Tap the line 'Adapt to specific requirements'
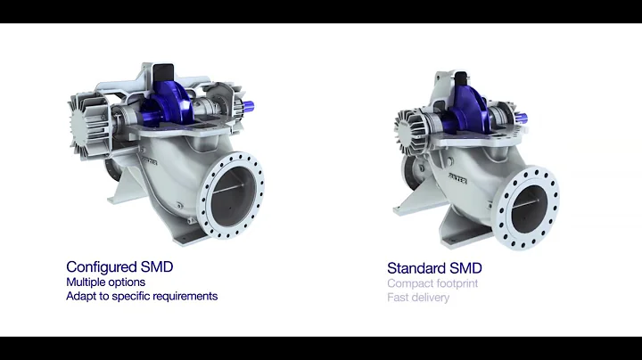142,296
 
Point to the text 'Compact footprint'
432,283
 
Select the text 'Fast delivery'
418,298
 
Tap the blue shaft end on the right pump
521,117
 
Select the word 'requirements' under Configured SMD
185,296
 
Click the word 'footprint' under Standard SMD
457,283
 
